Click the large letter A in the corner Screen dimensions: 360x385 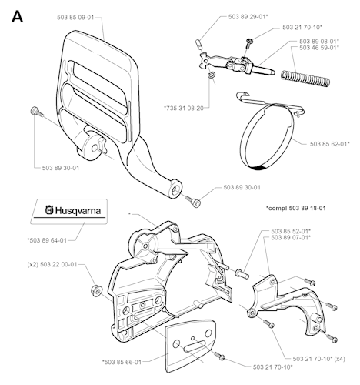17,17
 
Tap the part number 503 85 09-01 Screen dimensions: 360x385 75,18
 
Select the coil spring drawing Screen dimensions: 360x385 305,78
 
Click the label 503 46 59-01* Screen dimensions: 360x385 319,48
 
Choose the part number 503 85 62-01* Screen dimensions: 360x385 330,144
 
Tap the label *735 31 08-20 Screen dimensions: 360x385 184,108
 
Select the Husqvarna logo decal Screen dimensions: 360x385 68,212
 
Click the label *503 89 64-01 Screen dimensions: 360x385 47,240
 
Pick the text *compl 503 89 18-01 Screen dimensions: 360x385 296,208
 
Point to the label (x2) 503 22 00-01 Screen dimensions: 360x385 52,264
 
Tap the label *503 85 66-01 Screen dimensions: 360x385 122,362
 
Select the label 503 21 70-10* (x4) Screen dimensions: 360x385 318,359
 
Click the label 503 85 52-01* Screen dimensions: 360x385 291,231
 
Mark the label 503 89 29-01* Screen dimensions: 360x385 248,17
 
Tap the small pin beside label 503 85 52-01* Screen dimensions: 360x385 242,273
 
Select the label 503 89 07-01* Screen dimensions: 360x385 291,238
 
